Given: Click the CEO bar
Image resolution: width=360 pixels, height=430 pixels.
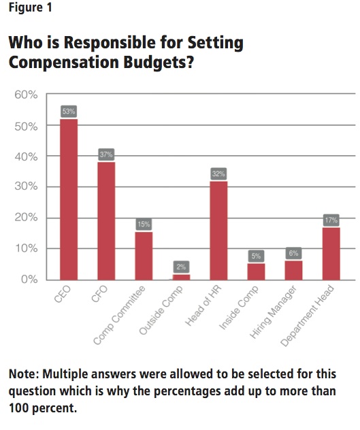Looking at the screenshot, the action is point(69,199).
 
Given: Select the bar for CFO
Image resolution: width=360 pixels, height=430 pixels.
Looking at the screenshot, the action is point(106,221).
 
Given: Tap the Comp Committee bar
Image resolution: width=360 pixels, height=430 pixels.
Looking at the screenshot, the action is point(144,256).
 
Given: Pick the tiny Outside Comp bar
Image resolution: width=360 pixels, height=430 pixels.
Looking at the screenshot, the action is point(181,277).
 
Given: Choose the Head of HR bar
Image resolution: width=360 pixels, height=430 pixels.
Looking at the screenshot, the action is point(218,231).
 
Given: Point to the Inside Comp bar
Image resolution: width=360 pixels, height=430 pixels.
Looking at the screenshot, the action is point(256,271).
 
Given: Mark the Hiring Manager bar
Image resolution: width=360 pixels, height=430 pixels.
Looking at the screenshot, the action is point(293,270).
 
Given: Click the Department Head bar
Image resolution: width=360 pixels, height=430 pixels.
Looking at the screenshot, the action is point(331,254).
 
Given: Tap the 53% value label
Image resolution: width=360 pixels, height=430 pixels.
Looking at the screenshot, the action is point(69,112).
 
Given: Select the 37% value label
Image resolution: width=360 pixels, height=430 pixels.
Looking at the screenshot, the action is point(106,154).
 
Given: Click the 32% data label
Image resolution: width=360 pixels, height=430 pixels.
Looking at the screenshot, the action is point(218,173).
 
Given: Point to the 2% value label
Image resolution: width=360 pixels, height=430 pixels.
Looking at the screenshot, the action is point(181,267).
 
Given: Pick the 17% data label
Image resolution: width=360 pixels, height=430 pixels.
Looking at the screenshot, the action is point(331,220).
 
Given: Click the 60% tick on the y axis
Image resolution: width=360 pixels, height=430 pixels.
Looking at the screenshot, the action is point(26,95).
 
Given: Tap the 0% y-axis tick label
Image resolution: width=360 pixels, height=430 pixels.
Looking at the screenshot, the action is point(29,280).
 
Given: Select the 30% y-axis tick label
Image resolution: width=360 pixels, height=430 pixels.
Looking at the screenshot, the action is point(26,186).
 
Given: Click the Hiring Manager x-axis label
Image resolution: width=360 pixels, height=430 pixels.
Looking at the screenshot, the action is point(274,312).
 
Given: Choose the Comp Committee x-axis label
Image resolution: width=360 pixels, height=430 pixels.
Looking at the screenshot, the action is point(119,315).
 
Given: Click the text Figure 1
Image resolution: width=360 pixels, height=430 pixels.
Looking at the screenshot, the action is point(30,7).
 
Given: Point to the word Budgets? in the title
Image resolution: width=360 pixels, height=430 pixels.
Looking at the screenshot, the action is point(159,63).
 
